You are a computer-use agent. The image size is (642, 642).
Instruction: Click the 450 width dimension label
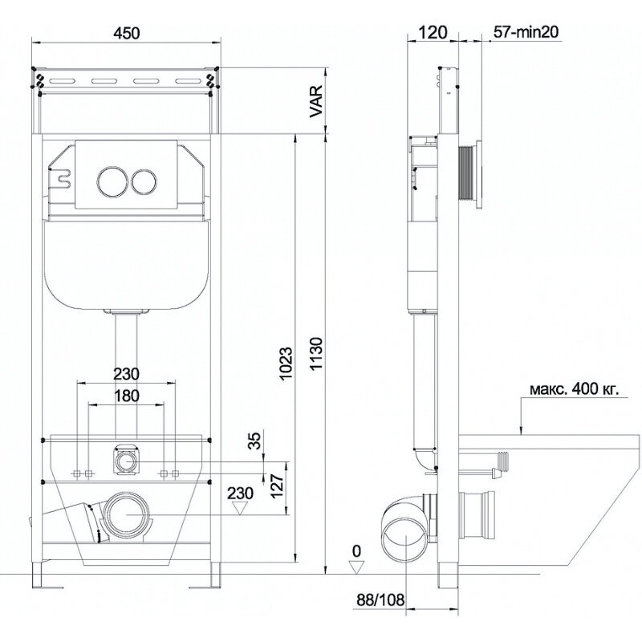[126, 33]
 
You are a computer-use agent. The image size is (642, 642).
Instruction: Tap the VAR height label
[316, 102]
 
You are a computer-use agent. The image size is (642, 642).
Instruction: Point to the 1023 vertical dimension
[286, 364]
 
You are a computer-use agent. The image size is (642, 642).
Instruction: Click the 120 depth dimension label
[433, 32]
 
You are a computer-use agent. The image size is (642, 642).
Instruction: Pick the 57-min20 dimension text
[526, 32]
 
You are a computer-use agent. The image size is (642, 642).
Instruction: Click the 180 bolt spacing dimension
[126, 396]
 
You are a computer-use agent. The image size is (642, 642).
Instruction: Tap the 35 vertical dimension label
[255, 441]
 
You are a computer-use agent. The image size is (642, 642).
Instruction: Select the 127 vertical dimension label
[277, 486]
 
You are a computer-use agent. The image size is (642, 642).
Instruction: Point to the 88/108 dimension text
[380, 599]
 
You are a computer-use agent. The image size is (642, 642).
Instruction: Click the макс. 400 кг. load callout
[574, 389]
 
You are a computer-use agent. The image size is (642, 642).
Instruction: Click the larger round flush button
[111, 180]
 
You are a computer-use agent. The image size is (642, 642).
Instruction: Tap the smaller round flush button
[144, 181]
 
